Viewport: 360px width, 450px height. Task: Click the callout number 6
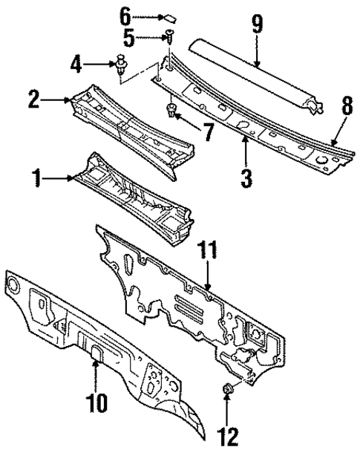[x=125, y=14]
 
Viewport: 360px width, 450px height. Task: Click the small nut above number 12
[x=229, y=388]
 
